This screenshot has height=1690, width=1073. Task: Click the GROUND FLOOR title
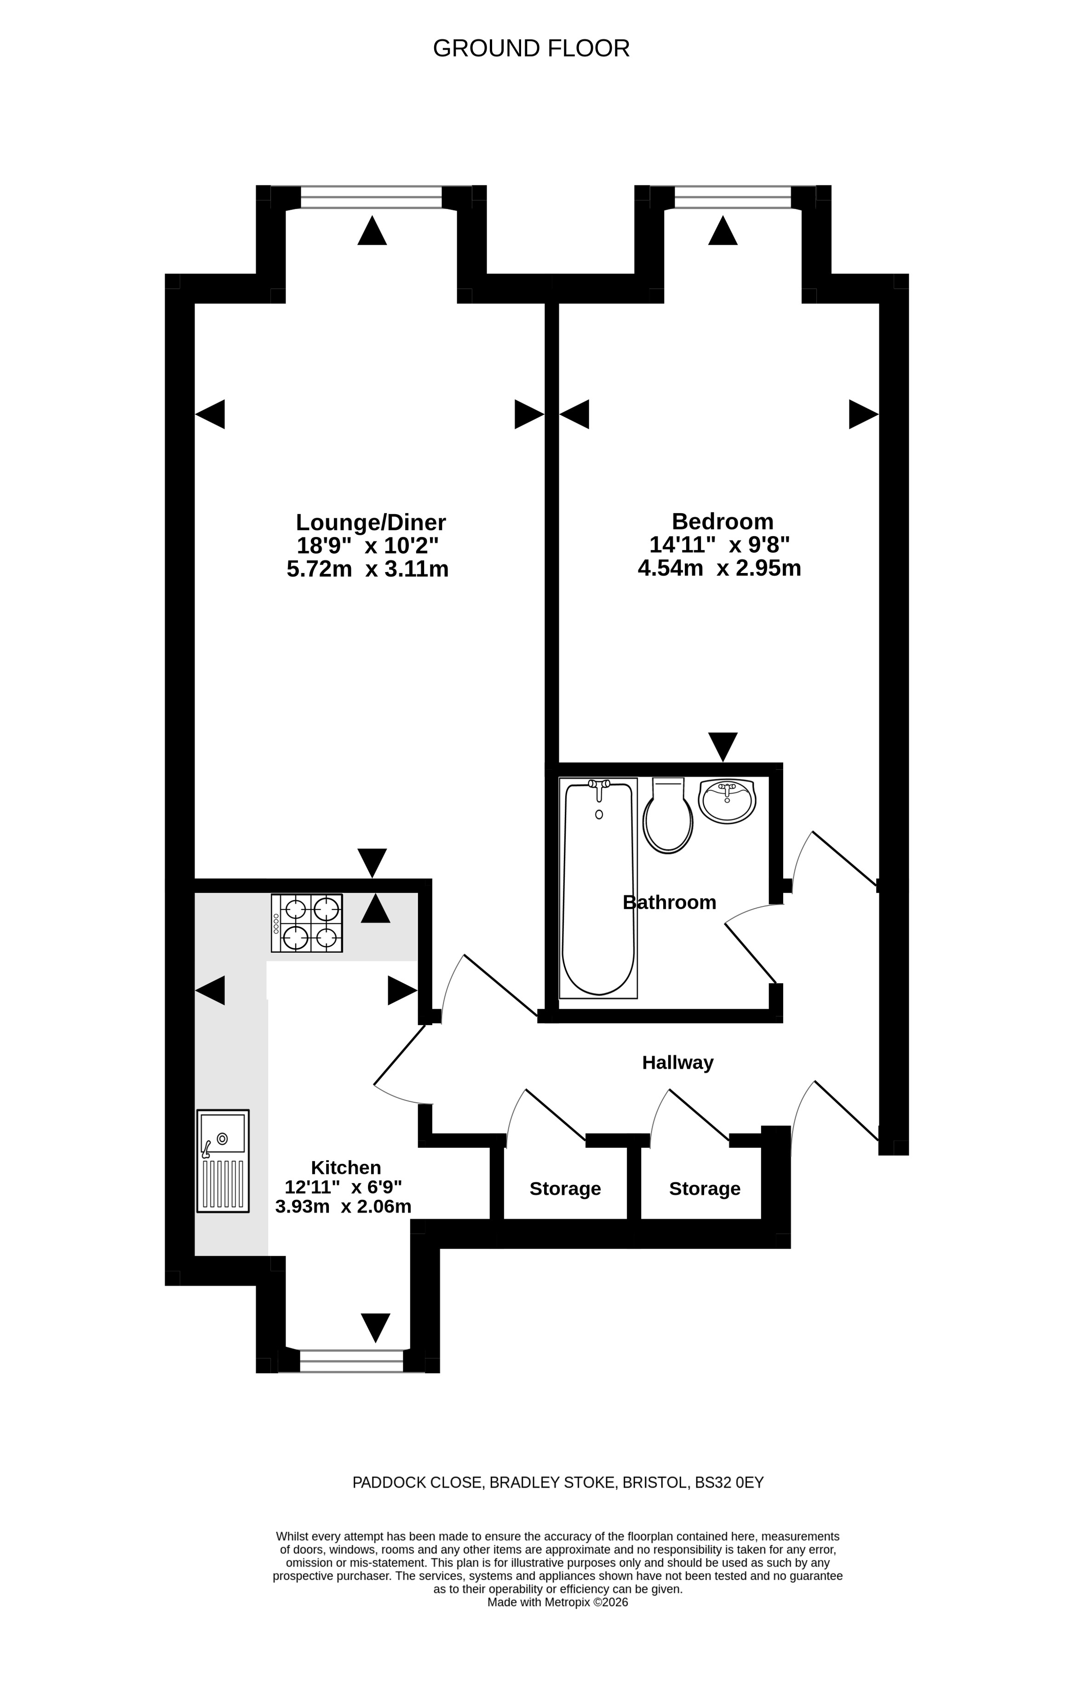click(x=531, y=48)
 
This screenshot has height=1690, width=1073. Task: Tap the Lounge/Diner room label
click(x=371, y=523)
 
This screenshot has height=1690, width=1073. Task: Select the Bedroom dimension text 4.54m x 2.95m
click(x=719, y=568)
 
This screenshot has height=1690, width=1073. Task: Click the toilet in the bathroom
click(x=668, y=815)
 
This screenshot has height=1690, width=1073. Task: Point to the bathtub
click(x=599, y=888)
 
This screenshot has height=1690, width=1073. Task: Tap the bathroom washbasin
click(x=727, y=801)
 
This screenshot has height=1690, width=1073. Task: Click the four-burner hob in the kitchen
click(x=307, y=923)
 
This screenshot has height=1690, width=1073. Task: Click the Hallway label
click(x=677, y=1063)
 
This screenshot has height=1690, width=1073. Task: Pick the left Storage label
click(x=565, y=1189)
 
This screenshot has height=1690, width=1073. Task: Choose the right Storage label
click(x=705, y=1189)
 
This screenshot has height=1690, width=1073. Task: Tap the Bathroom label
click(x=670, y=903)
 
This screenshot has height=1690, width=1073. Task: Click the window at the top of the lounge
click(x=371, y=197)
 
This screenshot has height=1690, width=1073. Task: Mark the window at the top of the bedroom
click(x=733, y=197)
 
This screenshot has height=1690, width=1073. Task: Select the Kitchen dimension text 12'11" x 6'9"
click(x=343, y=1187)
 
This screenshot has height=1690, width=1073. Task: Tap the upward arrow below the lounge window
click(x=372, y=230)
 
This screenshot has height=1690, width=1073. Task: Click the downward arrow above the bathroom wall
click(x=723, y=747)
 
